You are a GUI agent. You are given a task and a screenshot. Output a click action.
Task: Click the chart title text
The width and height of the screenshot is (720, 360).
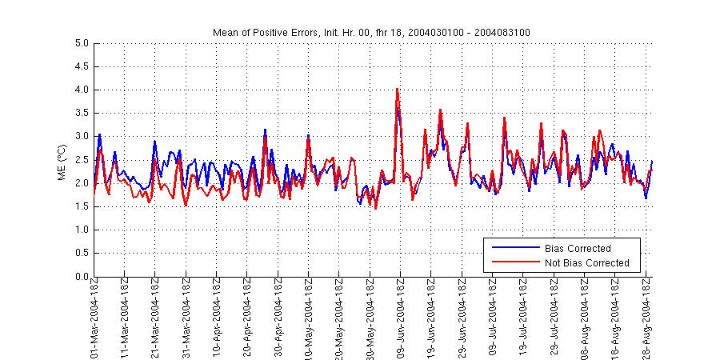pos(371,32)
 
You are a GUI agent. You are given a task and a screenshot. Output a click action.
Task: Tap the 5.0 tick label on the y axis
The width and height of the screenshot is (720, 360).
pos(81,43)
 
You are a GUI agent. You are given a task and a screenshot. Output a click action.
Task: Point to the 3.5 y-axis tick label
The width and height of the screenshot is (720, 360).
pos(81,114)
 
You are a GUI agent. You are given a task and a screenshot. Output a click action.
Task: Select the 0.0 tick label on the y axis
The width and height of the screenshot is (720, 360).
pos(81,277)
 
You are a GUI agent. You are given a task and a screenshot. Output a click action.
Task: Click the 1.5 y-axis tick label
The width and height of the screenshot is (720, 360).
pos(81,207)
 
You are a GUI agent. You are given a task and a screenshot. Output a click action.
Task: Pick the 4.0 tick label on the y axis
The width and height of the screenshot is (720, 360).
pos(81,90)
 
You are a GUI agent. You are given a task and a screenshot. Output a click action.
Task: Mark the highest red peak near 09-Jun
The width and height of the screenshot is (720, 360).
pos(398,89)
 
